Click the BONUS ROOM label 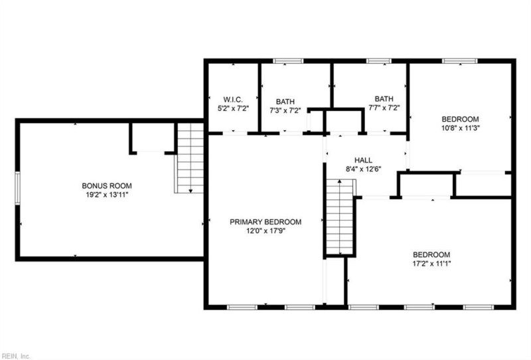[107, 185]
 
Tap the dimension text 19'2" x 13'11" [107, 195]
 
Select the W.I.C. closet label [224, 100]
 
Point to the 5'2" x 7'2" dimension [224, 109]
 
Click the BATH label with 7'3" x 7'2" [286, 101]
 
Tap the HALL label [363, 160]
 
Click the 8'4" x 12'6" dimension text [363, 170]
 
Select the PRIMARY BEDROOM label [265, 222]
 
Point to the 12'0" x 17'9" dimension [265, 231]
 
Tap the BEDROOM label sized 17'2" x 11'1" [431, 254]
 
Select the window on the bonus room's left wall [18, 189]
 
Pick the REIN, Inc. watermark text [16, 355]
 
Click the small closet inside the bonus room [151, 137]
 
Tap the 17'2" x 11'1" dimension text [431, 264]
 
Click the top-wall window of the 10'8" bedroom [455, 62]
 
